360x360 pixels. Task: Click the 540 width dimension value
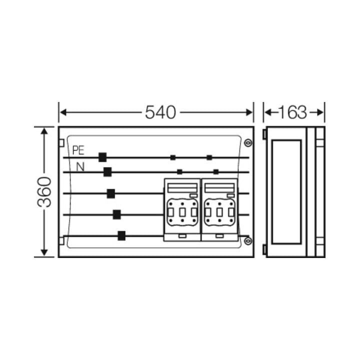pos(160,112)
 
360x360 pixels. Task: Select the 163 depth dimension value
pos(292,112)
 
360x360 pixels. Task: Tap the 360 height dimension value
pos(44,192)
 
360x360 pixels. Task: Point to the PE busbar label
pos(78,150)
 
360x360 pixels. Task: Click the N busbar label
pos(80,167)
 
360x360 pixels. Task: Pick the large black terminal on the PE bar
pos(102,157)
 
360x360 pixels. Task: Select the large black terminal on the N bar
pos(107,172)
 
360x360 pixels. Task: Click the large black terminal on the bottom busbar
pos(121,236)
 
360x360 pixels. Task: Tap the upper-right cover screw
pos(248,143)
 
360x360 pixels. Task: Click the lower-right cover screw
pos(248,241)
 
